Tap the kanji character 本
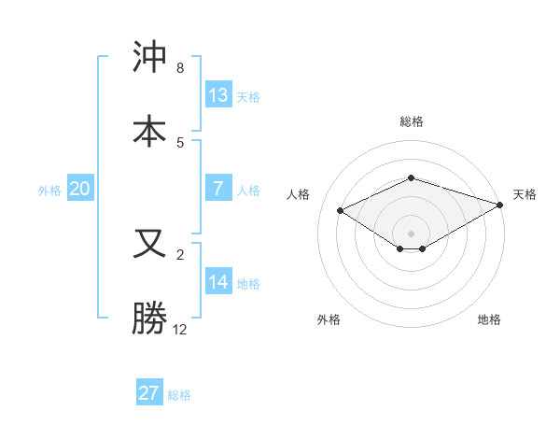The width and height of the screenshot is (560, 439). (x=149, y=130)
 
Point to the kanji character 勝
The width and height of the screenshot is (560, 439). (x=149, y=318)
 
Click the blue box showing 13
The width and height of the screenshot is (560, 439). (x=218, y=94)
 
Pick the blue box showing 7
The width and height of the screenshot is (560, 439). (x=218, y=189)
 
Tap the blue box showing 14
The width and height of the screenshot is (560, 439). (x=218, y=282)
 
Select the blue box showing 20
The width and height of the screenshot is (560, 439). (x=80, y=189)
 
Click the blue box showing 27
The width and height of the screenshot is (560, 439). (x=149, y=392)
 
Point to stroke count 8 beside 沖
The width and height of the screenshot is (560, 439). (x=180, y=68)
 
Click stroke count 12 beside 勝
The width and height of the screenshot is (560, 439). (x=180, y=330)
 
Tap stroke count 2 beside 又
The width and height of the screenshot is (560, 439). (x=180, y=255)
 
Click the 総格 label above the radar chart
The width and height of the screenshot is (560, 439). (x=411, y=121)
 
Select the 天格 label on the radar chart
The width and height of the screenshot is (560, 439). (x=525, y=194)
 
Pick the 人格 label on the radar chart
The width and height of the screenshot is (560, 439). (x=299, y=194)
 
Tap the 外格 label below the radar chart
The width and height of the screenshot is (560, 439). (x=329, y=319)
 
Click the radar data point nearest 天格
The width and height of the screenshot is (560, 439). (x=501, y=204)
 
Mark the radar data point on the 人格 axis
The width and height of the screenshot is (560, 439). (x=341, y=210)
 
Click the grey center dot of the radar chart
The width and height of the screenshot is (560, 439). (x=411, y=233)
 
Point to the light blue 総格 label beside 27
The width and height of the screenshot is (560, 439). (x=179, y=395)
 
